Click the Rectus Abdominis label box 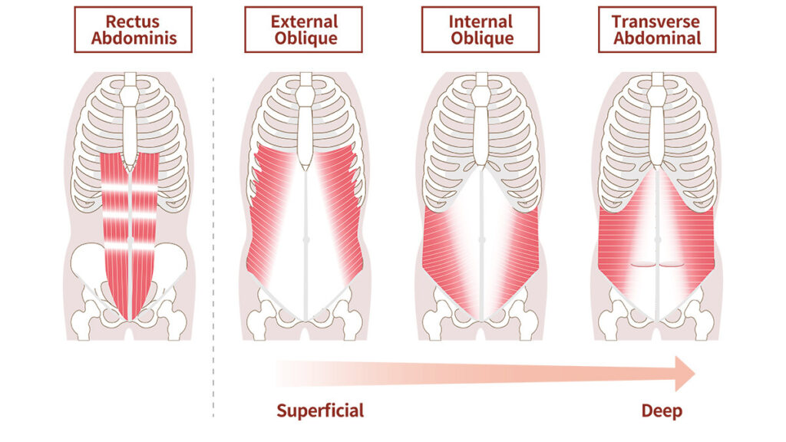tap(133, 29)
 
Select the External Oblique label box tap(304, 29)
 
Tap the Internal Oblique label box tap(481, 29)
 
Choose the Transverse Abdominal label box tap(656, 29)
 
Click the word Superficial tap(320, 411)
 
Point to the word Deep tap(662, 411)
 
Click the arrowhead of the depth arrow tap(685, 374)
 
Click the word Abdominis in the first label tap(133, 38)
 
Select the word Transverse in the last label tap(656, 21)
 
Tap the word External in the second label tap(304, 21)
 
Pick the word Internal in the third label tap(481, 21)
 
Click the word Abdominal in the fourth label tap(656, 38)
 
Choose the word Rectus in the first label tap(133, 21)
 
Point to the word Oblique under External tap(304, 38)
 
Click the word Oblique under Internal tap(481, 38)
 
